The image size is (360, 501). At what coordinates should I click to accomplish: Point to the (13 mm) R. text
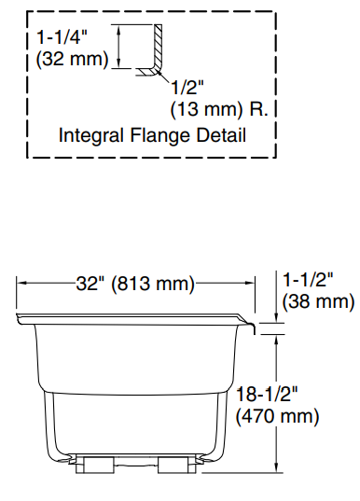(x=220, y=109)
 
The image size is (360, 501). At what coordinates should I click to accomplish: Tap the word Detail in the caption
(x=218, y=135)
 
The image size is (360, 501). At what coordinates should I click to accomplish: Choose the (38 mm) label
(x=318, y=301)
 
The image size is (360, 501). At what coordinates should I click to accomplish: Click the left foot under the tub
(x=96, y=465)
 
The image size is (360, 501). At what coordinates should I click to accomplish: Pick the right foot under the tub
(x=173, y=465)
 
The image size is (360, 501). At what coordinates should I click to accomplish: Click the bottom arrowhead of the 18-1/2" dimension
(x=278, y=467)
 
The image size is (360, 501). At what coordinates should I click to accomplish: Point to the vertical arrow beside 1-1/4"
(x=120, y=47)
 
